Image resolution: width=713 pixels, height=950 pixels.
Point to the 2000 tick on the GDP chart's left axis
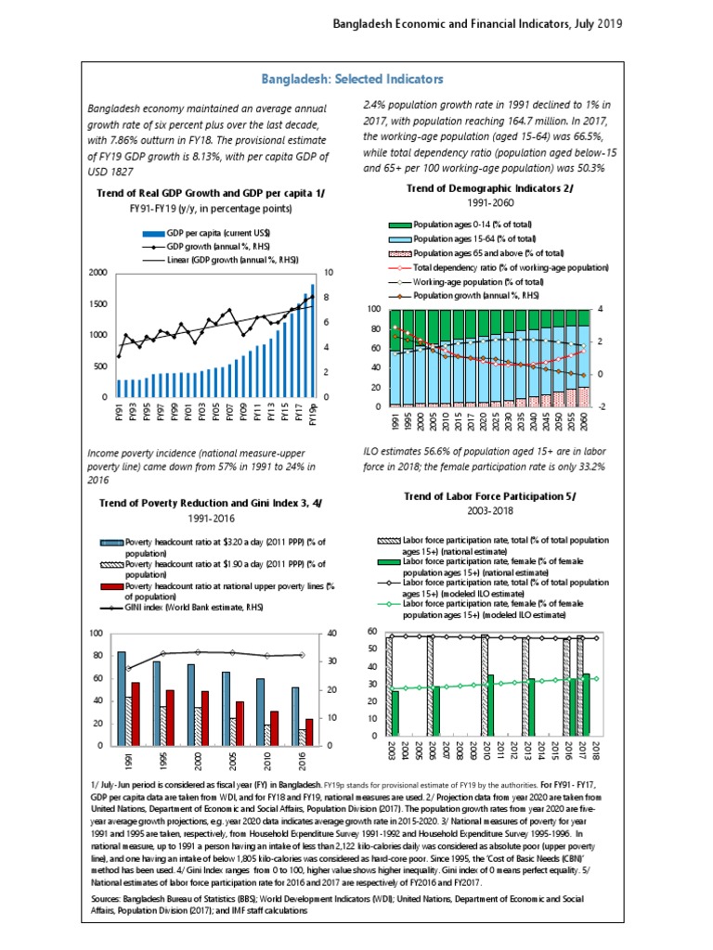point(97,273)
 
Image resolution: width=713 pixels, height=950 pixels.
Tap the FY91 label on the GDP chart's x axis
point(118,412)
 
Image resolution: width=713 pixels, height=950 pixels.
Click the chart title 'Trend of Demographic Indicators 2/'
point(490,188)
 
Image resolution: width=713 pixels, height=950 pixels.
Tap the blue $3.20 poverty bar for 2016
point(295,716)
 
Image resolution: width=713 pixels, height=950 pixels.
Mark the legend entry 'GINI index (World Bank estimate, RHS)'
point(212,609)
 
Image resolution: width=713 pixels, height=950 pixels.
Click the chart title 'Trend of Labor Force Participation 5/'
point(489,496)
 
